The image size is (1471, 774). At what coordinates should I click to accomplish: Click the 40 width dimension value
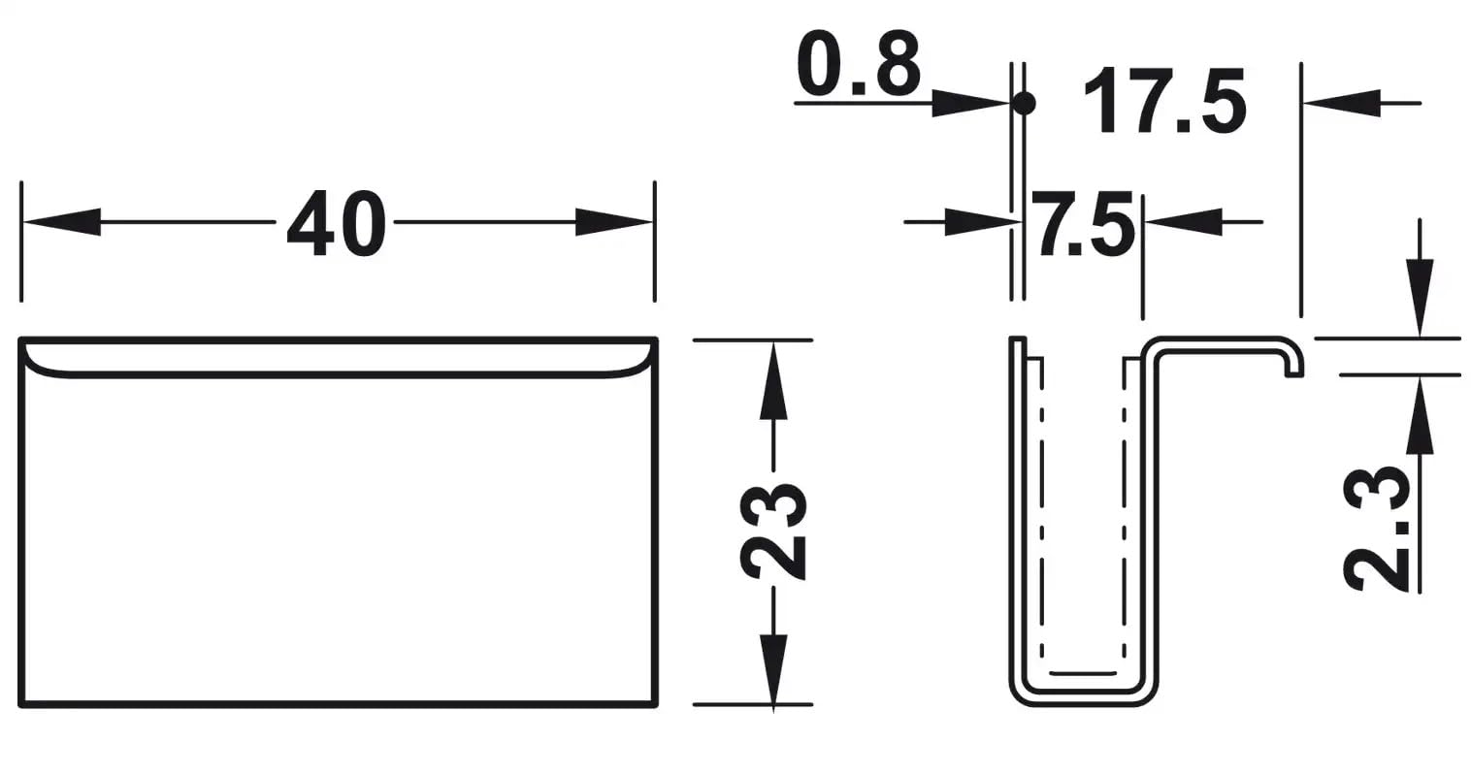tap(336, 223)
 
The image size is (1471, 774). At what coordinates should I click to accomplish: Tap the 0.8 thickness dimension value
tap(857, 65)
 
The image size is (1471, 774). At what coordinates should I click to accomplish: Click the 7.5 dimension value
tap(1082, 224)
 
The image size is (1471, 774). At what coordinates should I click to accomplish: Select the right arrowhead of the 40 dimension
tap(615, 222)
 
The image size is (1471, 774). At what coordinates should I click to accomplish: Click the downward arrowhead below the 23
tap(773, 669)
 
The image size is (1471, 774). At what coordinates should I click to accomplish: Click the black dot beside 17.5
tap(1024, 102)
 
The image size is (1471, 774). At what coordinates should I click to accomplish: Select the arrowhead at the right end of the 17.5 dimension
tap(1340, 103)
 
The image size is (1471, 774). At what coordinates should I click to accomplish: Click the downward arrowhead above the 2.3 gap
tap(1420, 297)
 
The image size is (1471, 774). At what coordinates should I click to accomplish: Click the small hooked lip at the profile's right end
tap(1294, 363)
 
